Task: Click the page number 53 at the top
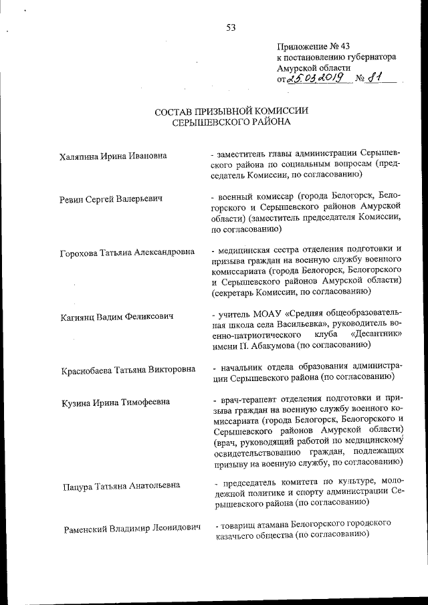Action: point(231,27)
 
